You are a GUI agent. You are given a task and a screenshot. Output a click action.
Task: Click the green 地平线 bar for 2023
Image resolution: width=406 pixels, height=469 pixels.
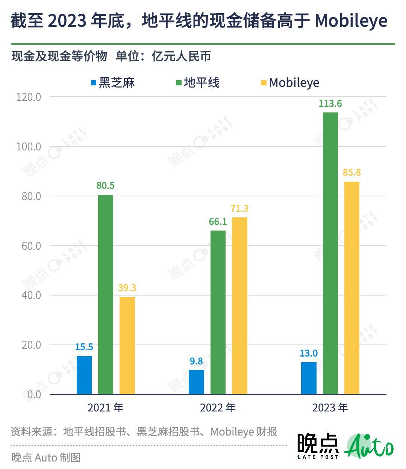pyautogui.click(x=330, y=253)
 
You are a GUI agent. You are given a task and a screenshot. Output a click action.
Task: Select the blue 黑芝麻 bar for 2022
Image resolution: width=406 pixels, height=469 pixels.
pyautogui.click(x=197, y=382)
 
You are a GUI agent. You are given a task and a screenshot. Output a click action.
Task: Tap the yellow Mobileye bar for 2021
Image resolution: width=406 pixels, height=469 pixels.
pyautogui.click(x=127, y=346)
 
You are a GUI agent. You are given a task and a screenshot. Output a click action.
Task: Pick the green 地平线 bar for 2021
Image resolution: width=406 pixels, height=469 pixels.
pyautogui.click(x=106, y=294)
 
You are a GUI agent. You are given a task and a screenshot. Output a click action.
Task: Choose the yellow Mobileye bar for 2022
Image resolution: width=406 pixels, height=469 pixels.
pyautogui.click(x=239, y=306)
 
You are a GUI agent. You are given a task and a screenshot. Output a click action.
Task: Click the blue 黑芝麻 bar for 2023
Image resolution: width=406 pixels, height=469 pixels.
pyautogui.click(x=309, y=378)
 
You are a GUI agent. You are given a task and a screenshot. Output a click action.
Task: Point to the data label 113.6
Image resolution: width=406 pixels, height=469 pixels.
pyautogui.click(x=330, y=104)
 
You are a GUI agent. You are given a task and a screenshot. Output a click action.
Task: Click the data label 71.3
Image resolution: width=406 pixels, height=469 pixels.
pyautogui.click(x=239, y=208)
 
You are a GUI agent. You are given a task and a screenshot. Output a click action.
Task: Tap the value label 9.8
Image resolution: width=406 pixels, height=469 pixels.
pyautogui.click(x=197, y=361)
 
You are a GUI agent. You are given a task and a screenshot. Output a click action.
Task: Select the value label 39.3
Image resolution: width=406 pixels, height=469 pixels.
pyautogui.click(x=127, y=288)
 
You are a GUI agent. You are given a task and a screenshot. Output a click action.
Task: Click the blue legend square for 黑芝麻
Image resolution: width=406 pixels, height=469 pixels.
pyautogui.click(x=94, y=83)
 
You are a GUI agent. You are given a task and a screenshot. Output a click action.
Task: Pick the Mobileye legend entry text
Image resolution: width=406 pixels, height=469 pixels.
pyautogui.click(x=294, y=83)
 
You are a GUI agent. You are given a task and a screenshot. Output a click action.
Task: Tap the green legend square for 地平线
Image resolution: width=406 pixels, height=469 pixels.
pyautogui.click(x=179, y=83)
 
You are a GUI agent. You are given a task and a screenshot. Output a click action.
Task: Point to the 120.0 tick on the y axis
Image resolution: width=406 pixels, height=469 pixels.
pyautogui.click(x=29, y=97)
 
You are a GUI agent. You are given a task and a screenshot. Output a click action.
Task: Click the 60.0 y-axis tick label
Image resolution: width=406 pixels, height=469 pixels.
pyautogui.click(x=31, y=246)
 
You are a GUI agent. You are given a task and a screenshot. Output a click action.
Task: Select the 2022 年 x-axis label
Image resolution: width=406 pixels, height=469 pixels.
pyautogui.click(x=218, y=408)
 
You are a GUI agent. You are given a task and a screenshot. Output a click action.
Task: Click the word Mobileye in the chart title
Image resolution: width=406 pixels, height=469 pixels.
pyautogui.click(x=351, y=21)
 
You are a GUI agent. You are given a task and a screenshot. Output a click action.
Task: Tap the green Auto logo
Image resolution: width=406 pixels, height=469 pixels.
pyautogui.click(x=369, y=446)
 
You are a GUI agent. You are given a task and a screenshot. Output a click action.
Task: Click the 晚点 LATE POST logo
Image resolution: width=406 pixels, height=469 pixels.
pyautogui.click(x=318, y=446)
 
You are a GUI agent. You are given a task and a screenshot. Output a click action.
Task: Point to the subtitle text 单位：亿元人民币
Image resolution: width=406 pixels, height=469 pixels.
pyautogui.click(x=163, y=56)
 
